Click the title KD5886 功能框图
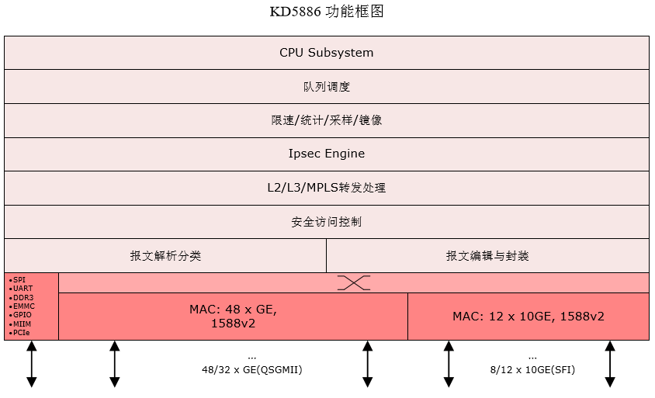coord(326,12)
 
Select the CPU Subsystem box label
coord(326,53)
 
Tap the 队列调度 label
coord(326,87)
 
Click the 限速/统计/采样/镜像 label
coord(326,120)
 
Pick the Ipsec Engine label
coord(326,154)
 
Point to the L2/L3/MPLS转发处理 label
coord(326,188)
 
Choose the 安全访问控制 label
coord(326,222)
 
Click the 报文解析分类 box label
coord(165,255)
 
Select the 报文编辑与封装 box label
coord(487,255)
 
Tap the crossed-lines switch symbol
coord(354,283)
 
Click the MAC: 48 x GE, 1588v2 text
coord(233,317)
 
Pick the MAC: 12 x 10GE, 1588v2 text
coord(529,317)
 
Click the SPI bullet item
coord(19,280)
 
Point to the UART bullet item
coord(22,289)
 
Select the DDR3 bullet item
coord(22,297)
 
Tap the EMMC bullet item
coord(23,306)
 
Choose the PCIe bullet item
coord(21,332)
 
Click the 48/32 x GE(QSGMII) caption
coord(251,370)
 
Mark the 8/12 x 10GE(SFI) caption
coord(532,370)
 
